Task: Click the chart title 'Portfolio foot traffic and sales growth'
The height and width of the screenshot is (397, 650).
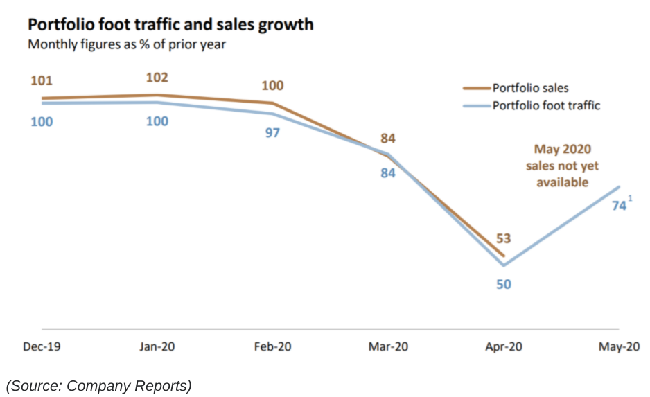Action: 170,25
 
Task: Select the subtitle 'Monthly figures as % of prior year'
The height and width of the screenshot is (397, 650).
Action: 126,44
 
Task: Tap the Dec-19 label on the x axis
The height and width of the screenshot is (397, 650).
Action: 42,347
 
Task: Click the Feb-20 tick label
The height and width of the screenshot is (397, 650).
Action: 272,347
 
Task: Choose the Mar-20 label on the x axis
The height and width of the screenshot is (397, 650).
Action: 388,347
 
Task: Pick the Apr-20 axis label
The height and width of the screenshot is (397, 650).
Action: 503,347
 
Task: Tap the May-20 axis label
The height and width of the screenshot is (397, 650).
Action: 618,347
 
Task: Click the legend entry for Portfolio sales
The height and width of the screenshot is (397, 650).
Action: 530,88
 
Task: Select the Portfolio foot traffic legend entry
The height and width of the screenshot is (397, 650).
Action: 546,106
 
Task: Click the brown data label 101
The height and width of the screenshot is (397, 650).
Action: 42,81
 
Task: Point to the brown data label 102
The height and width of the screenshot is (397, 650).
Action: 157,78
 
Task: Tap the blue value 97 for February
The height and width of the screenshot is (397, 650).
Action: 272,132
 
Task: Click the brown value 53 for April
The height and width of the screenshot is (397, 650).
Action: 503,239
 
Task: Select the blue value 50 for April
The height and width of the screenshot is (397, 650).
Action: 503,283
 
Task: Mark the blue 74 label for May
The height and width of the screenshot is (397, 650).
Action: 619,206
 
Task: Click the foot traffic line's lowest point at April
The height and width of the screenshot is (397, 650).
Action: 503,265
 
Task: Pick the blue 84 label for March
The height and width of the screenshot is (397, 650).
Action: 388,173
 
